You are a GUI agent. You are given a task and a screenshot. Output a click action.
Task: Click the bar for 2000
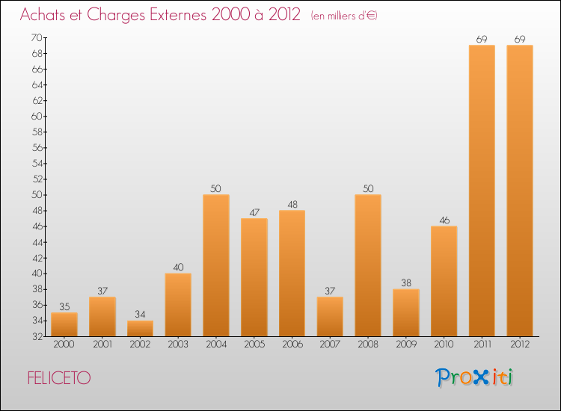pos(64,324)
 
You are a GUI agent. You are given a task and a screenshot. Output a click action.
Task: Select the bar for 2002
pos(140,329)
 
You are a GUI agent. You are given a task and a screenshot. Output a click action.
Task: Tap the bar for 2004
pos(216,265)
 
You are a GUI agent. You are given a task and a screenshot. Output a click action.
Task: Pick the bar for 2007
pos(330,316)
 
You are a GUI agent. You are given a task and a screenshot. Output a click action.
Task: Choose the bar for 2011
pos(482,191)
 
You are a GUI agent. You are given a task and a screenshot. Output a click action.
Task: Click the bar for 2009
pos(406,312)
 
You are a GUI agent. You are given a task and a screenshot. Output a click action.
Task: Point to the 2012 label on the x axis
pos(520,344)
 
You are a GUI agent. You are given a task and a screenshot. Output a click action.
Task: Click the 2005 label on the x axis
pos(254,344)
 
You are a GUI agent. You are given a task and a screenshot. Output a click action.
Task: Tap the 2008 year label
pos(368,344)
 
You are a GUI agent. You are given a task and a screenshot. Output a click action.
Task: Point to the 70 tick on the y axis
pos(36,37)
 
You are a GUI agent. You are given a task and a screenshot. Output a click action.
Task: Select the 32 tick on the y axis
pos(36,336)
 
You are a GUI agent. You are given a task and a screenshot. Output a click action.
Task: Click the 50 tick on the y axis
pos(36,194)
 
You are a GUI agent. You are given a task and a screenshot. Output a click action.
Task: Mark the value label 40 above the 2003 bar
pos(178,267)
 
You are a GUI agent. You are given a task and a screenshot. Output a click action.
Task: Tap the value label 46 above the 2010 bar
pos(444,220)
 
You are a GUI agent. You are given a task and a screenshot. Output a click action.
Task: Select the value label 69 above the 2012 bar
pos(520,39)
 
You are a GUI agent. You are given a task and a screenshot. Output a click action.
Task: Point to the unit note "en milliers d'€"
pos(344,16)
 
